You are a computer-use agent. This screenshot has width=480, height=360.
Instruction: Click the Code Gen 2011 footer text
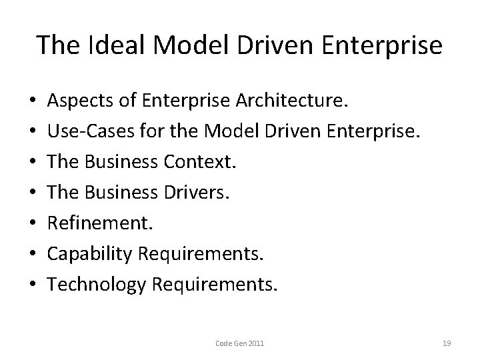[240, 343]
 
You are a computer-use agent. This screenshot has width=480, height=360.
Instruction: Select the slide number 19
[447, 343]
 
